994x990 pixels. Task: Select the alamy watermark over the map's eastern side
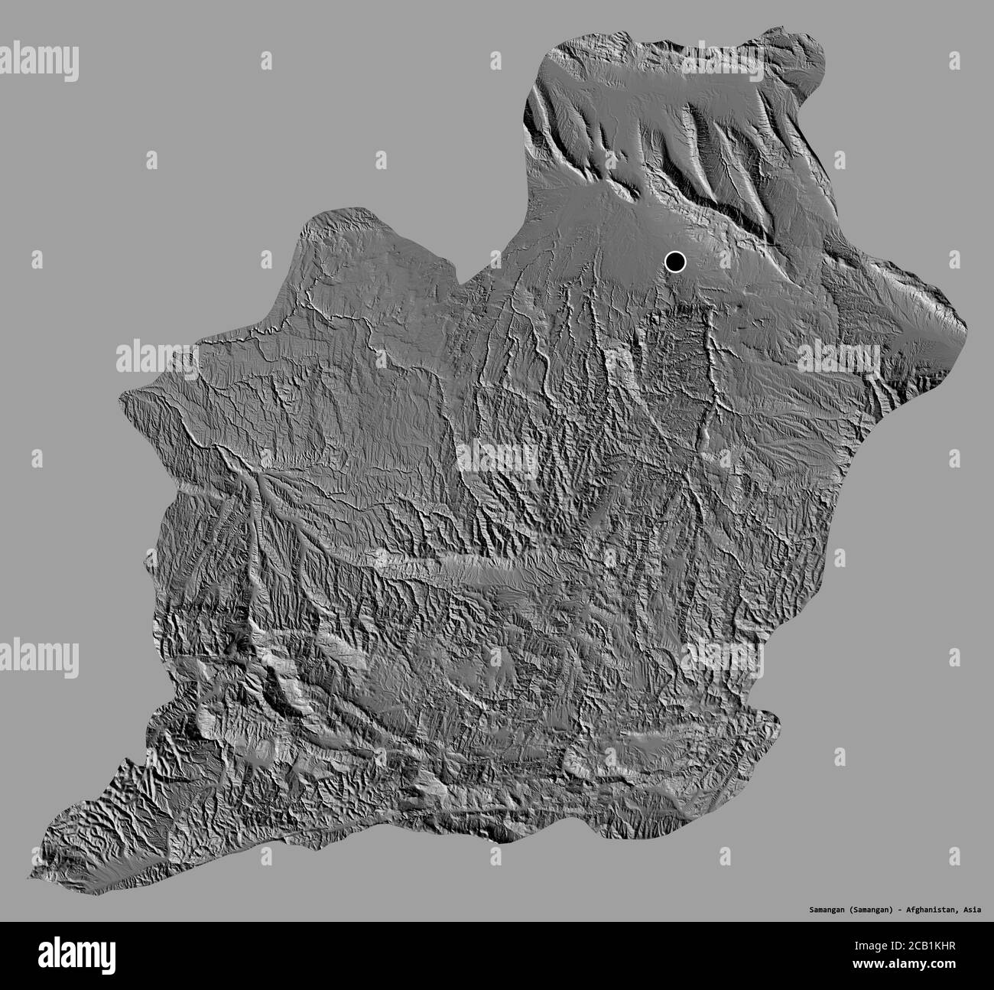840,357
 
